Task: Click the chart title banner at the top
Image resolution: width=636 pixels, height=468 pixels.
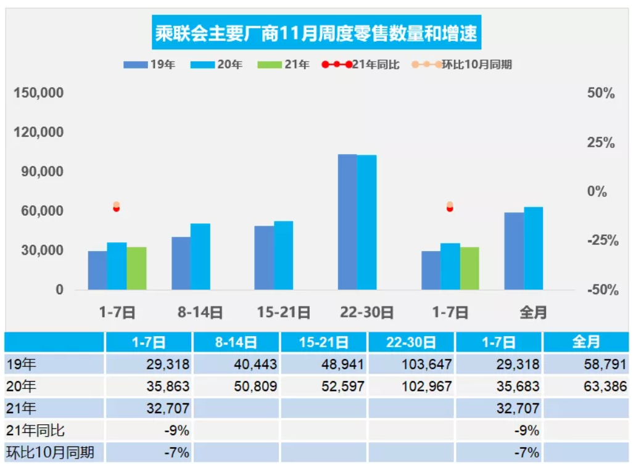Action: (316, 33)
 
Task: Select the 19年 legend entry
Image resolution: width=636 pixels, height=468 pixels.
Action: (149, 64)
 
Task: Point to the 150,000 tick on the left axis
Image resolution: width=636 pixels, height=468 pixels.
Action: (39, 93)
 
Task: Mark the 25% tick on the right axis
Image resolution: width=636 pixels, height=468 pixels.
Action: (600, 142)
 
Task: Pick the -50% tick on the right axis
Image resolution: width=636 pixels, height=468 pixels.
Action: (600, 290)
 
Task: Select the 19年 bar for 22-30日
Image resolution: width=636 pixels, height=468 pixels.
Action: (347, 221)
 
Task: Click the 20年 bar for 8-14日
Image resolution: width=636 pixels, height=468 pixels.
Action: (200, 256)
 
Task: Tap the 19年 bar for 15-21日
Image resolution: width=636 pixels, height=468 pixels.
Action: (264, 257)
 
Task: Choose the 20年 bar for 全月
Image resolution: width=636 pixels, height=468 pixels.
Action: (533, 248)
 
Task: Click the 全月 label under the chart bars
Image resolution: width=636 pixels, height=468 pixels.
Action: (533, 313)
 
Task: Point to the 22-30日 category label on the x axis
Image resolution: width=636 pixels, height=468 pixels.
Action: (366, 313)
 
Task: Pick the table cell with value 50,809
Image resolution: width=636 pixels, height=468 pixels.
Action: (236, 387)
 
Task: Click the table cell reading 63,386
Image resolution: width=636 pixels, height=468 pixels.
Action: (585, 387)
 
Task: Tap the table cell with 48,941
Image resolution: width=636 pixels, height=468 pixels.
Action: (324, 364)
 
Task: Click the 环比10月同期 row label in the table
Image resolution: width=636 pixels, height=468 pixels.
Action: (51, 453)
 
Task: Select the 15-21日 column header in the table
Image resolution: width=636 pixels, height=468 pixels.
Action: (324, 342)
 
